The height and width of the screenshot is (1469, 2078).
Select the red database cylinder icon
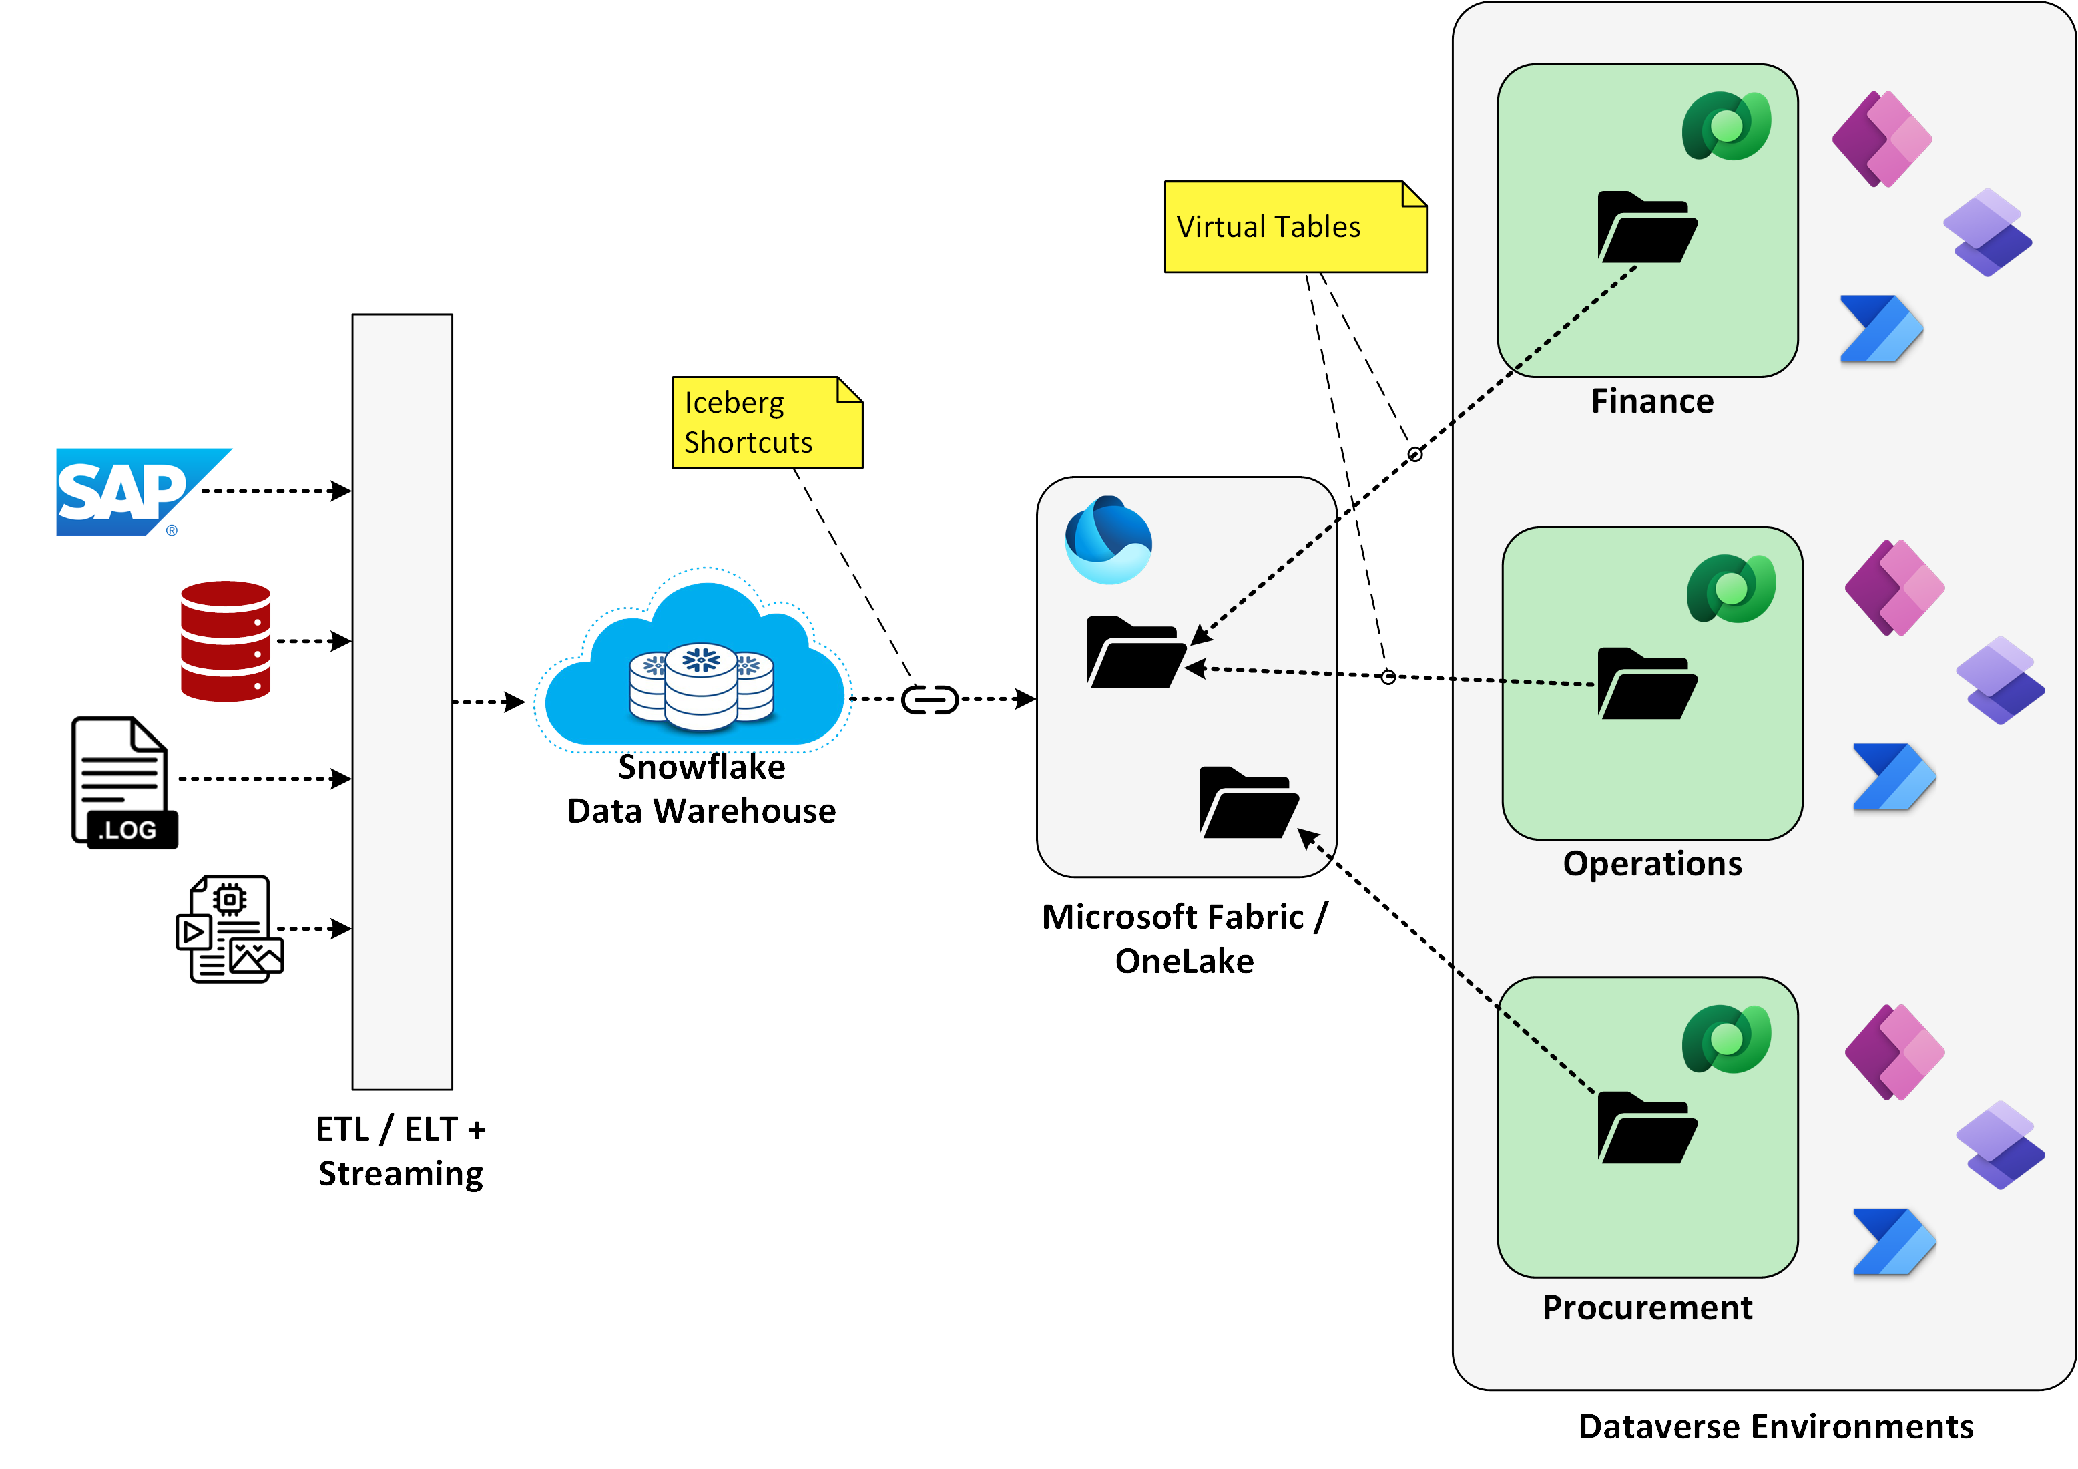[226, 641]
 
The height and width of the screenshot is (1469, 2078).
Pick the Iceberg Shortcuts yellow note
[766, 423]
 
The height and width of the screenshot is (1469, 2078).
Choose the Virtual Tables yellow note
[1294, 227]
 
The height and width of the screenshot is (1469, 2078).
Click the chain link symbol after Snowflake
[929, 700]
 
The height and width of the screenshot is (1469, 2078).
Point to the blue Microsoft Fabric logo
[1108, 540]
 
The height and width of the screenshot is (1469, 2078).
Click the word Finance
[1651, 401]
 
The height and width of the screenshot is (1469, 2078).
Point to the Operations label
[1651, 863]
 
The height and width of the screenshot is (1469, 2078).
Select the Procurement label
[1646, 1308]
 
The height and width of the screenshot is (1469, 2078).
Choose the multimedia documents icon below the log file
[229, 929]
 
